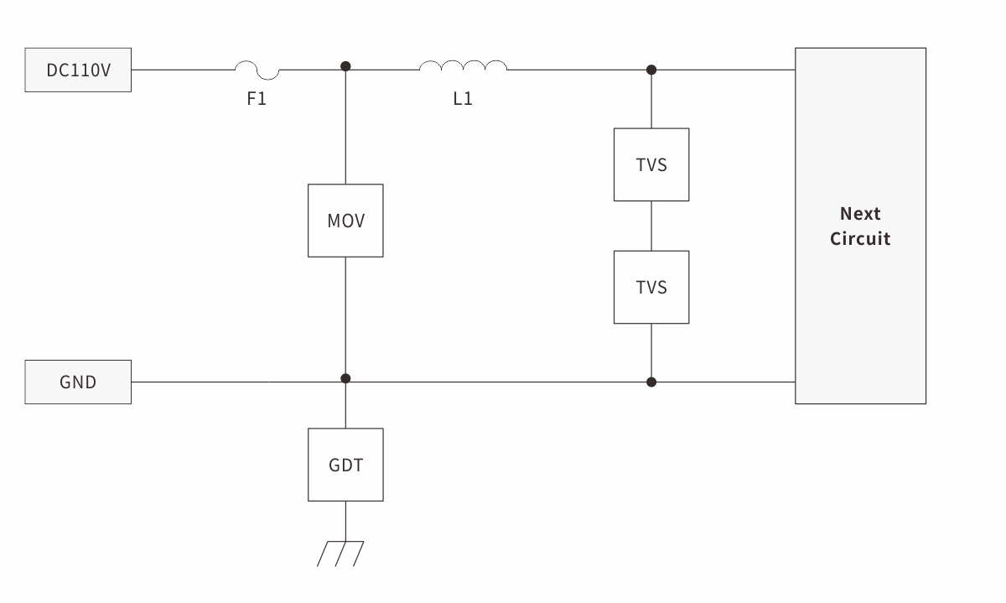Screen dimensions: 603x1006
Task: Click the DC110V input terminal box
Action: click(78, 70)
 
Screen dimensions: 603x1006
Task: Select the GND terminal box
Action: click(78, 382)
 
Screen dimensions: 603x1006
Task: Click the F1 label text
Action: click(257, 99)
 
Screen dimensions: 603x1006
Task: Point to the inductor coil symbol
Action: click(463, 66)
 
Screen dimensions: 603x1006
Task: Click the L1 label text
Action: click(463, 99)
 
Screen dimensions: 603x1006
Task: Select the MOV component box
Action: click(345, 221)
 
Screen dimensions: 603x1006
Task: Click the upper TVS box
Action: click(651, 164)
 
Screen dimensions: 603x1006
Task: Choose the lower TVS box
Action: click(651, 287)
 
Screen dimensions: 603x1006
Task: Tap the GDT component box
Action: click(345, 465)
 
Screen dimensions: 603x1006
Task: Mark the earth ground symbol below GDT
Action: click(340, 553)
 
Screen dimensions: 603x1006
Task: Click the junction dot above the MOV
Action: click(345, 66)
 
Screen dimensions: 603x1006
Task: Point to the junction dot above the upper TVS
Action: click(651, 70)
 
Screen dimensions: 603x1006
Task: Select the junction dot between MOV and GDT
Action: click(345, 379)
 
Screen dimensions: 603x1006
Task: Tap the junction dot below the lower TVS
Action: click(651, 382)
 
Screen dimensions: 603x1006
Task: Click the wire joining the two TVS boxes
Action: click(651, 226)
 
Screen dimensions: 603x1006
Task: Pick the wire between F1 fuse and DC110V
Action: click(183, 70)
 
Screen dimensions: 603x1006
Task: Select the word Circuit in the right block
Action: click(860, 238)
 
